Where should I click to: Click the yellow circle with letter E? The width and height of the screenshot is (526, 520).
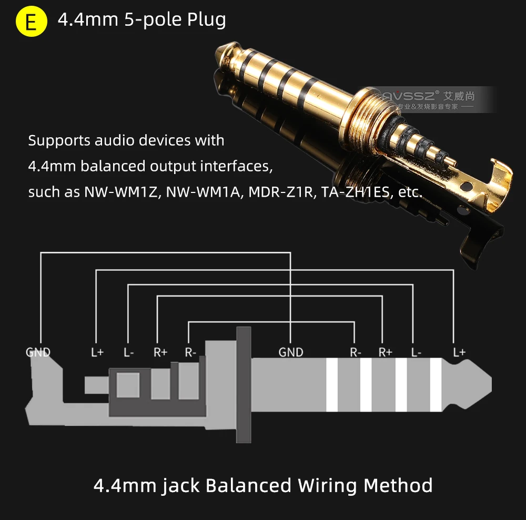(32, 22)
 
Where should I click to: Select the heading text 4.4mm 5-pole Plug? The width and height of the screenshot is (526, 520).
(142, 20)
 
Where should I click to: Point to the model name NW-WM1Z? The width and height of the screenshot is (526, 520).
(122, 192)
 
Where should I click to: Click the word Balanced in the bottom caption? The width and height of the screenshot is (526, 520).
(248, 484)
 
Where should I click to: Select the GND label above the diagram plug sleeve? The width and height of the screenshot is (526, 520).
(291, 352)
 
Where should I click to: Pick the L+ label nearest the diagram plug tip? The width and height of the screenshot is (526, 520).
(459, 352)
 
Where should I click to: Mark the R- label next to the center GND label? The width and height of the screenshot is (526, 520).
(356, 352)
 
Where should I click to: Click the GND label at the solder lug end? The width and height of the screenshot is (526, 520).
(38, 352)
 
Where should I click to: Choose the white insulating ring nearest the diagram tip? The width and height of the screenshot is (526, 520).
(436, 385)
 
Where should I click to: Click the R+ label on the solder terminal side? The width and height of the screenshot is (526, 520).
(160, 352)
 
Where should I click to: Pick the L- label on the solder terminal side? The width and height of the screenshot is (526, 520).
(128, 352)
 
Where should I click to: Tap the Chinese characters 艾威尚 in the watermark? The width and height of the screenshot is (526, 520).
(459, 96)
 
